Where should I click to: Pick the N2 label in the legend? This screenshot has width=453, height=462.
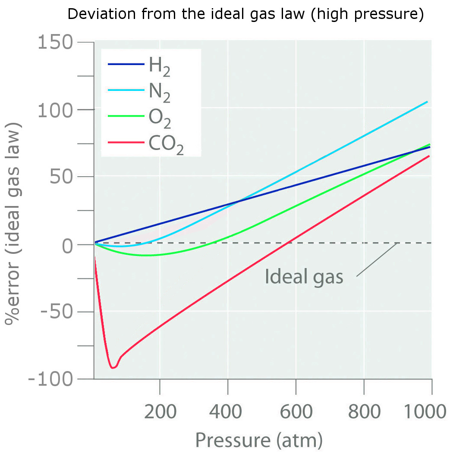click(159, 93)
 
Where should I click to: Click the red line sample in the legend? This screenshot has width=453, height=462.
click(126, 142)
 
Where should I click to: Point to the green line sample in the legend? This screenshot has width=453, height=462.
click(126, 116)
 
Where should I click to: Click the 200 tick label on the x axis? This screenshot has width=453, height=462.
click(160, 412)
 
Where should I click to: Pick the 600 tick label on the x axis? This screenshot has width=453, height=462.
click(296, 412)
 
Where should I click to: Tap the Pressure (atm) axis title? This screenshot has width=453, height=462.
click(259, 440)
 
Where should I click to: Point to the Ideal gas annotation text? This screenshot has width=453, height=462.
click(304, 277)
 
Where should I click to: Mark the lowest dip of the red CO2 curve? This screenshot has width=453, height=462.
click(113, 368)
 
